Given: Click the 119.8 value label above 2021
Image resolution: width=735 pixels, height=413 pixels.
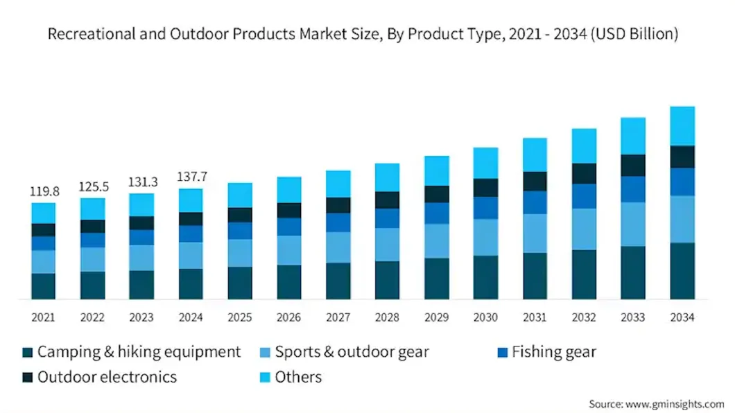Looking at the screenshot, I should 43,191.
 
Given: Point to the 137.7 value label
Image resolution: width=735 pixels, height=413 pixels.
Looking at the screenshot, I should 191,177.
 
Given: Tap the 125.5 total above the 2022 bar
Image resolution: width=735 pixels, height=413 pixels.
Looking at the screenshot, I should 92,186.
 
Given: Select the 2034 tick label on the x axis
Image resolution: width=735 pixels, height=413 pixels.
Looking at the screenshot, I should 682,317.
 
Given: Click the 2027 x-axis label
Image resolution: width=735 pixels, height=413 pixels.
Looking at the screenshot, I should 338,317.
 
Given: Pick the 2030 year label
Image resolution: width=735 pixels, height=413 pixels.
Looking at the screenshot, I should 485,317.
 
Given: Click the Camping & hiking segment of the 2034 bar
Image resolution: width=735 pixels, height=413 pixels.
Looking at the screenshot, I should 682,271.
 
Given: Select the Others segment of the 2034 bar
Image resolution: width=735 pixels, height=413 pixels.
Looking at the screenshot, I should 682,125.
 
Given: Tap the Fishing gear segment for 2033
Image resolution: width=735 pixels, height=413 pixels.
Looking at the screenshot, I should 633,188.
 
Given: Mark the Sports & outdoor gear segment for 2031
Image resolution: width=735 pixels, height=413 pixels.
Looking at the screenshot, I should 535,233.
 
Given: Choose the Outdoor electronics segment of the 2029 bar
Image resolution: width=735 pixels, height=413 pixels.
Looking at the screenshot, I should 436,194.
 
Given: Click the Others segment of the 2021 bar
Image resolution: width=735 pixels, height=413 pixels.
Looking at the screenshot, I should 43,213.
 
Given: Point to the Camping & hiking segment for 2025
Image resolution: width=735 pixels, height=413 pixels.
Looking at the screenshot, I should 240,283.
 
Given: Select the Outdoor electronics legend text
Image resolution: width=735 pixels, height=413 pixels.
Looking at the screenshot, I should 107,378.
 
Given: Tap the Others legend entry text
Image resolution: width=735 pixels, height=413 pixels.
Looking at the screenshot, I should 298,378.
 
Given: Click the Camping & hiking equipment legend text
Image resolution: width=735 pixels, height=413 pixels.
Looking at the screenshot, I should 139,353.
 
